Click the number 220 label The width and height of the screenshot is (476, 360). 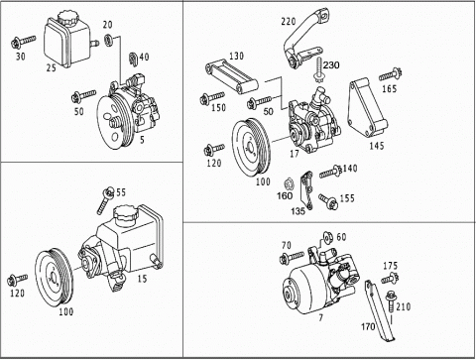(289, 22)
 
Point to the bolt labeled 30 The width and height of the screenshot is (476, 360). (23, 42)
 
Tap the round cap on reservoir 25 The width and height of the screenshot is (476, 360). (67, 18)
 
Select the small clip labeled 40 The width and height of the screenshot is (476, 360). (133, 59)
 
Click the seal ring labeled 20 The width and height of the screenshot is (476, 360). (108, 39)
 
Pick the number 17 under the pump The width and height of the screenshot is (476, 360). (295, 154)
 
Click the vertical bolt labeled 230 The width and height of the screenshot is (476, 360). (319, 70)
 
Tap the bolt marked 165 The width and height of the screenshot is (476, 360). (390, 74)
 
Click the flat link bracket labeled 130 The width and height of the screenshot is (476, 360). (231, 77)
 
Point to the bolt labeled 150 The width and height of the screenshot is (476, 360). (212, 98)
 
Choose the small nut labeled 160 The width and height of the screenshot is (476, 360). (289, 183)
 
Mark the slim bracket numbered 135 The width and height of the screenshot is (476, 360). (306, 190)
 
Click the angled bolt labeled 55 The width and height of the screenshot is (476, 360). (105, 200)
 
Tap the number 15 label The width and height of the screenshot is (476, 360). (142, 279)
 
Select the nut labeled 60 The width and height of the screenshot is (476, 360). (328, 237)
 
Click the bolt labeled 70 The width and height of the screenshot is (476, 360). (292, 257)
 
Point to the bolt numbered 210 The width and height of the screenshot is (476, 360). (391, 300)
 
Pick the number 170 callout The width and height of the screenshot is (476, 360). (368, 326)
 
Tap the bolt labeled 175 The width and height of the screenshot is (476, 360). (390, 279)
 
